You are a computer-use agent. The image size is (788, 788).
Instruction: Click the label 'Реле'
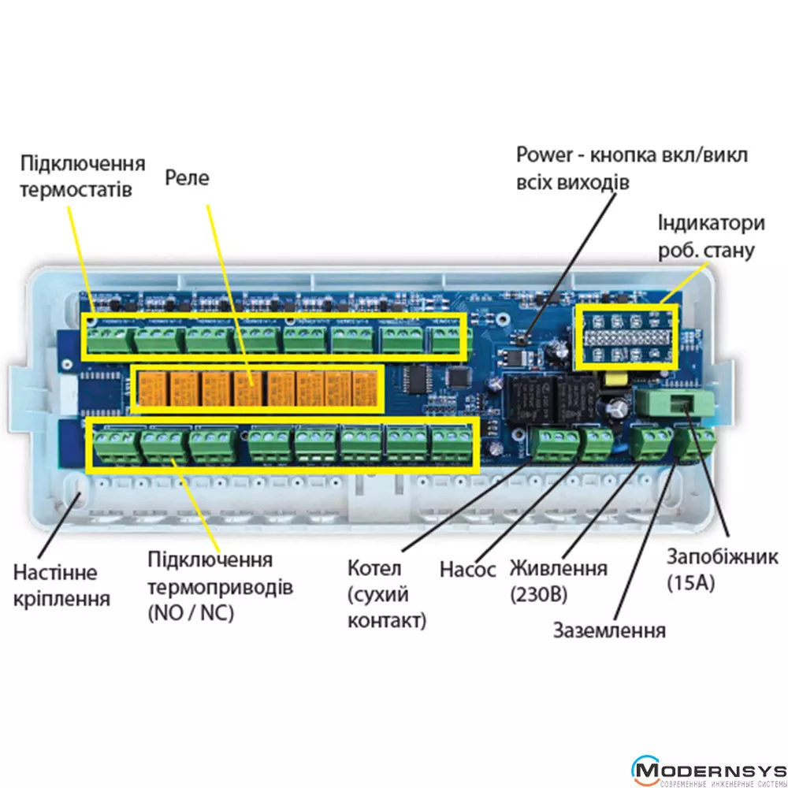point(187,178)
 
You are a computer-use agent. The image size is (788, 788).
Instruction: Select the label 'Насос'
point(467,569)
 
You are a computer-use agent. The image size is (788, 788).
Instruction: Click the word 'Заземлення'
point(609,630)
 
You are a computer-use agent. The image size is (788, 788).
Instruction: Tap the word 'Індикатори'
point(712,223)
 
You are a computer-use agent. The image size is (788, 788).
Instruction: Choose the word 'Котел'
point(374,569)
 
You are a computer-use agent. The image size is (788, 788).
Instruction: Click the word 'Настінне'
point(54,572)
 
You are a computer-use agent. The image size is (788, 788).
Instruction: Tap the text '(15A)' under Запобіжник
point(690,583)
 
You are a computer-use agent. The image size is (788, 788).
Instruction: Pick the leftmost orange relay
point(151,388)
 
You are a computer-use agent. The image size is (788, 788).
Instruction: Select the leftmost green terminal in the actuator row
point(114,448)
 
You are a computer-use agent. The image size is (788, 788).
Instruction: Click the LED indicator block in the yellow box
point(626,336)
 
